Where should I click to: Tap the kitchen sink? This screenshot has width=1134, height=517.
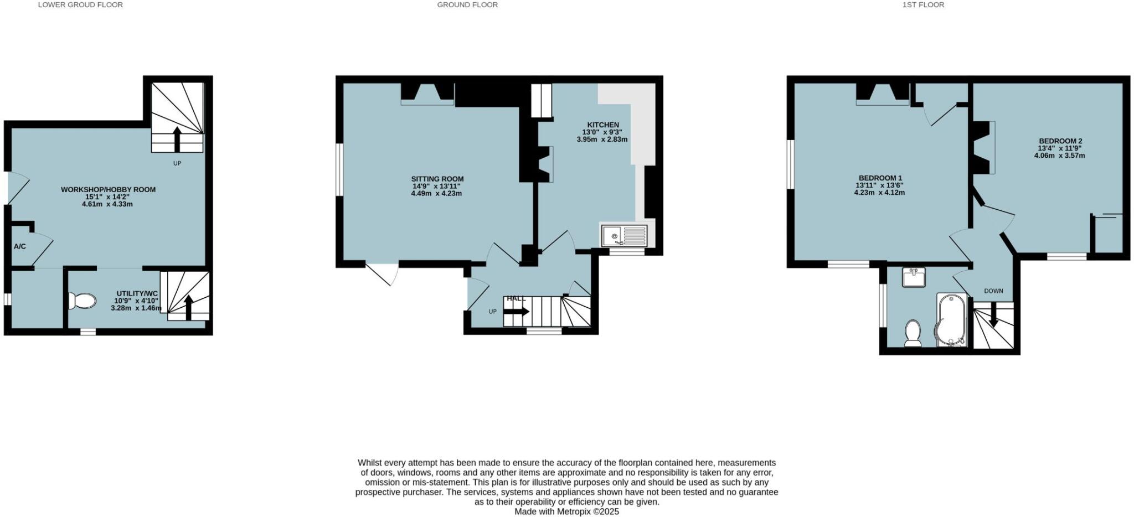tap(624, 236)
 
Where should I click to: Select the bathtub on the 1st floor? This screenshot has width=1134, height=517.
tap(951, 320)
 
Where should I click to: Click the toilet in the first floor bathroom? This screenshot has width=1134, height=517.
tap(913, 333)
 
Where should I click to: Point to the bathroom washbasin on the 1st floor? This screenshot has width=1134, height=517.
tap(914, 277)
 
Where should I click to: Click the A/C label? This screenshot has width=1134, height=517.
tap(19, 246)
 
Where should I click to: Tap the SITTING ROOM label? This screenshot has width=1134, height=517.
tap(437, 179)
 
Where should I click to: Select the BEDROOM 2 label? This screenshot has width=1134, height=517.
tap(1060, 141)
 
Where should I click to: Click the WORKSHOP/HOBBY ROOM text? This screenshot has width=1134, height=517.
tap(108, 189)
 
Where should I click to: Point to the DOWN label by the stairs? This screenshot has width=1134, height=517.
tap(993, 291)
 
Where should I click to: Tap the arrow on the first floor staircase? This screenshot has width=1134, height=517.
tap(993, 315)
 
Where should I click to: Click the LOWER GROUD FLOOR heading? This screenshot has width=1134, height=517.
tap(80, 5)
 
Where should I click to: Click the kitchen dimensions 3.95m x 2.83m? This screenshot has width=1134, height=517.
tap(602, 139)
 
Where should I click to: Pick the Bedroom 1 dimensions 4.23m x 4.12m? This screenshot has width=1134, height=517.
tap(879, 193)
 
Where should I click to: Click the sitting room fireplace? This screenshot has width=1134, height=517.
tap(427, 94)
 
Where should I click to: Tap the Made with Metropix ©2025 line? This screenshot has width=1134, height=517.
tap(566, 511)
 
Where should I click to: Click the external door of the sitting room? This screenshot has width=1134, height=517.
tap(383, 273)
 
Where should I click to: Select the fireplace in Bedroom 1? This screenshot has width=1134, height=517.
tap(883, 94)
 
